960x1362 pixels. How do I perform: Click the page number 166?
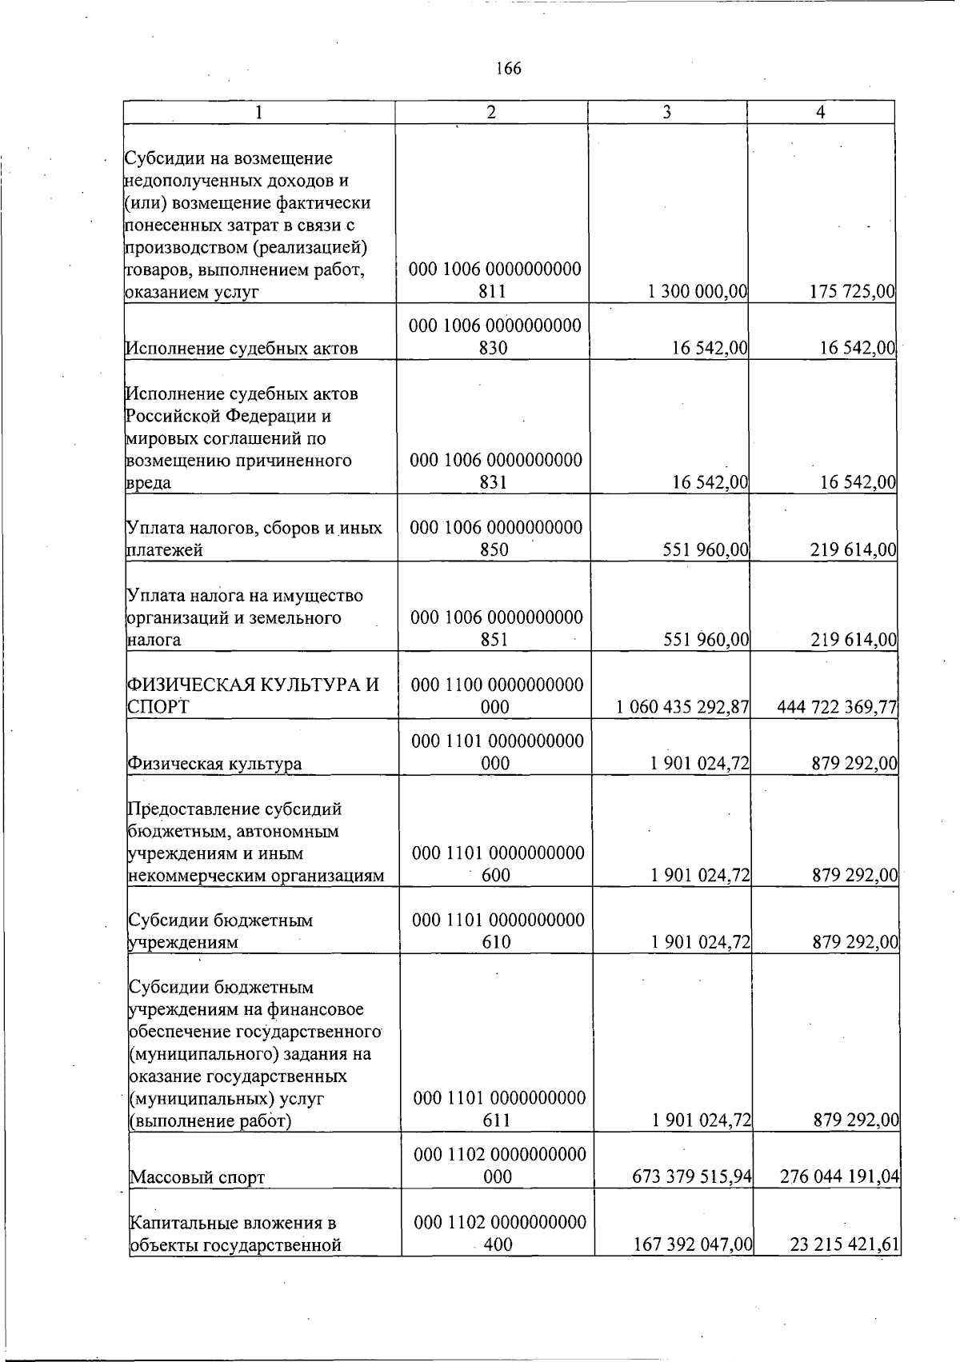[508, 69]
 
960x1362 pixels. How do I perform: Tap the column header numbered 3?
[666, 113]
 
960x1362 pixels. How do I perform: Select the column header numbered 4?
[820, 113]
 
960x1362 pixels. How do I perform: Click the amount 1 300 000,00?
[698, 292]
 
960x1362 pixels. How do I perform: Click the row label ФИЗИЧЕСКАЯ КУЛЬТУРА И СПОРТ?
[252, 696]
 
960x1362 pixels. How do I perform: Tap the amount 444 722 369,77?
[837, 707]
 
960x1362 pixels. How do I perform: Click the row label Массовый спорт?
[197, 1177]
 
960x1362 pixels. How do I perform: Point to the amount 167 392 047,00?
[689, 1244]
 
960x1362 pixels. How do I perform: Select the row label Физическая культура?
[214, 764]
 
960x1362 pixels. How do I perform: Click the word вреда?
[150, 483]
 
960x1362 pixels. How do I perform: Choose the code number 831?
[494, 483]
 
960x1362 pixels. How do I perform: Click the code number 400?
[498, 1244]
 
